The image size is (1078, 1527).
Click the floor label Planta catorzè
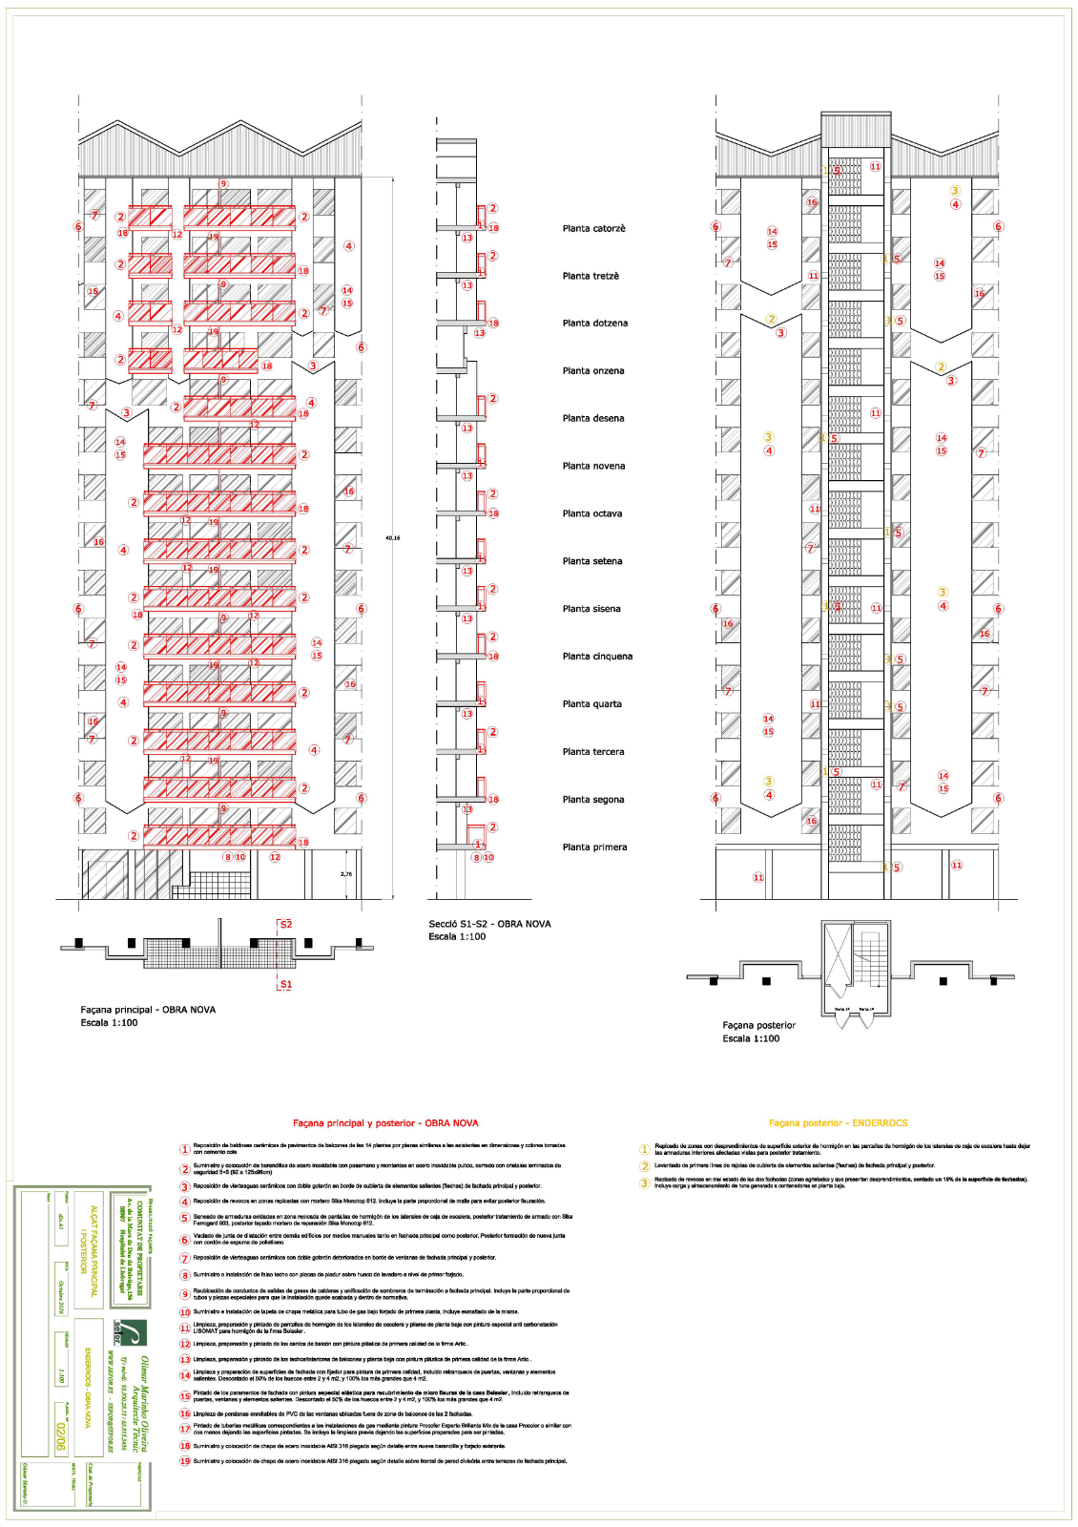[593, 229]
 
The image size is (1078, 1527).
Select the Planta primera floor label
[594, 847]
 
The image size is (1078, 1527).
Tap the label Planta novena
[593, 467]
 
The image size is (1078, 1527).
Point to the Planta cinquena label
[597, 657]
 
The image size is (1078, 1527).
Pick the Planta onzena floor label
[593, 371]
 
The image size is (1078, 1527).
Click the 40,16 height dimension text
[392, 538]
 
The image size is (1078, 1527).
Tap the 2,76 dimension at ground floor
[346, 874]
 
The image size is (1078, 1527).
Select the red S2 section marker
[285, 925]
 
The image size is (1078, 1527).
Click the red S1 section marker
[285, 984]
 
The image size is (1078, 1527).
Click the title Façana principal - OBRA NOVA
[148, 1010]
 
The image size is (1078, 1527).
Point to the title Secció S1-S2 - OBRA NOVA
[489, 924]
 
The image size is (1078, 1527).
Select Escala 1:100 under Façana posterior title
[751, 1038]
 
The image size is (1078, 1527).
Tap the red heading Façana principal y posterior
[385, 1123]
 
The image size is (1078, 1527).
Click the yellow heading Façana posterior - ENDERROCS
[838, 1123]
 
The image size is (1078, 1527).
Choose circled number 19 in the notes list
[185, 1461]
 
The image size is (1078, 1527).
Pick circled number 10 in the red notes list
[185, 1312]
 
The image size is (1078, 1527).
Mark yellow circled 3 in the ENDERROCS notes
[644, 1182]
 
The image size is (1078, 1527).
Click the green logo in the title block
[128, 1331]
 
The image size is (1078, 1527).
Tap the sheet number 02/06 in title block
[60, 1435]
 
